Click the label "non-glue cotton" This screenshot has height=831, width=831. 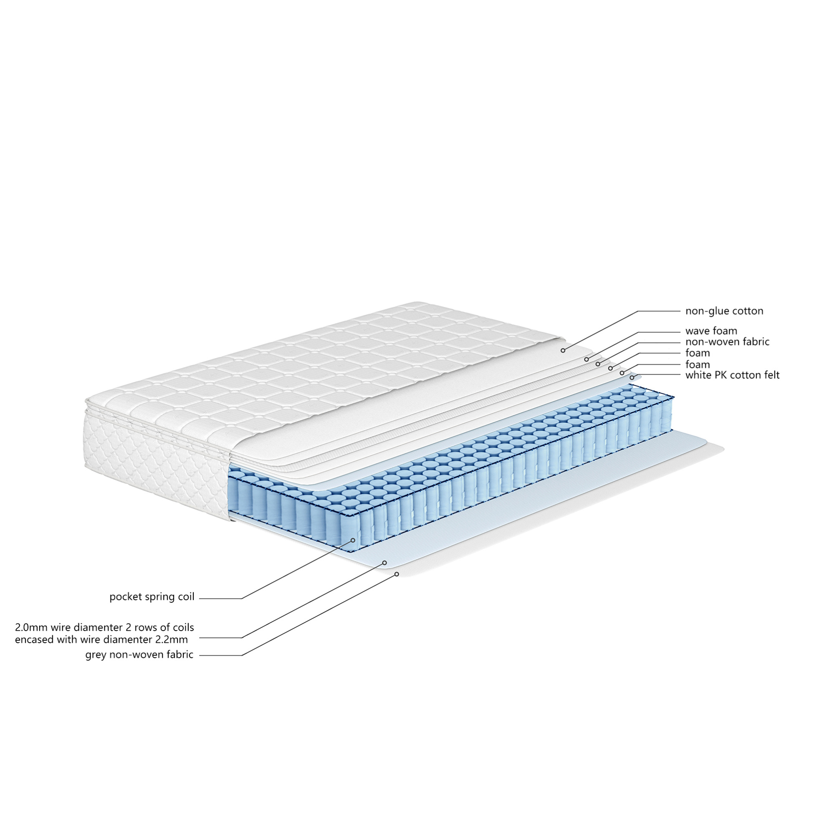(x=724, y=311)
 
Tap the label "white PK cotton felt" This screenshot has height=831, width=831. (x=732, y=375)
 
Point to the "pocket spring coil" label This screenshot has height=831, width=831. (x=152, y=597)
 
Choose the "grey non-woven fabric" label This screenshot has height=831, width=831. (x=139, y=654)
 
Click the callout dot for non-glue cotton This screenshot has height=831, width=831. (x=563, y=351)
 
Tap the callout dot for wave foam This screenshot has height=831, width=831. (x=586, y=359)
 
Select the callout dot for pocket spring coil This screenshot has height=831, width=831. (x=353, y=540)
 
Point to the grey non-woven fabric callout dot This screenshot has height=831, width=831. (x=397, y=574)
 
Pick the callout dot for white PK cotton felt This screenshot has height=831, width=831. (x=632, y=378)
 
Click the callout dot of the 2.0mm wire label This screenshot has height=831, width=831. (x=385, y=563)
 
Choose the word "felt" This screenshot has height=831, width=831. (x=771, y=375)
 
